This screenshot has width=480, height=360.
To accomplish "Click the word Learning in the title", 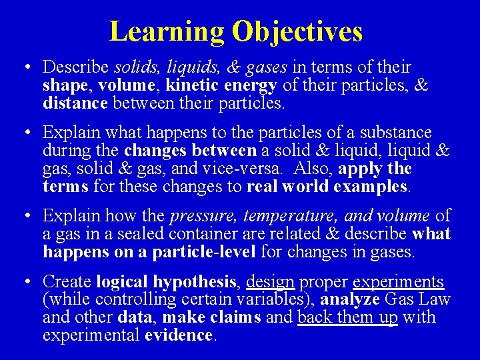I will (167, 31).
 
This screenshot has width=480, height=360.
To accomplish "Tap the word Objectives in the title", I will (297, 31).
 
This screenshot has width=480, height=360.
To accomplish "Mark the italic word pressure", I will (203, 216).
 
